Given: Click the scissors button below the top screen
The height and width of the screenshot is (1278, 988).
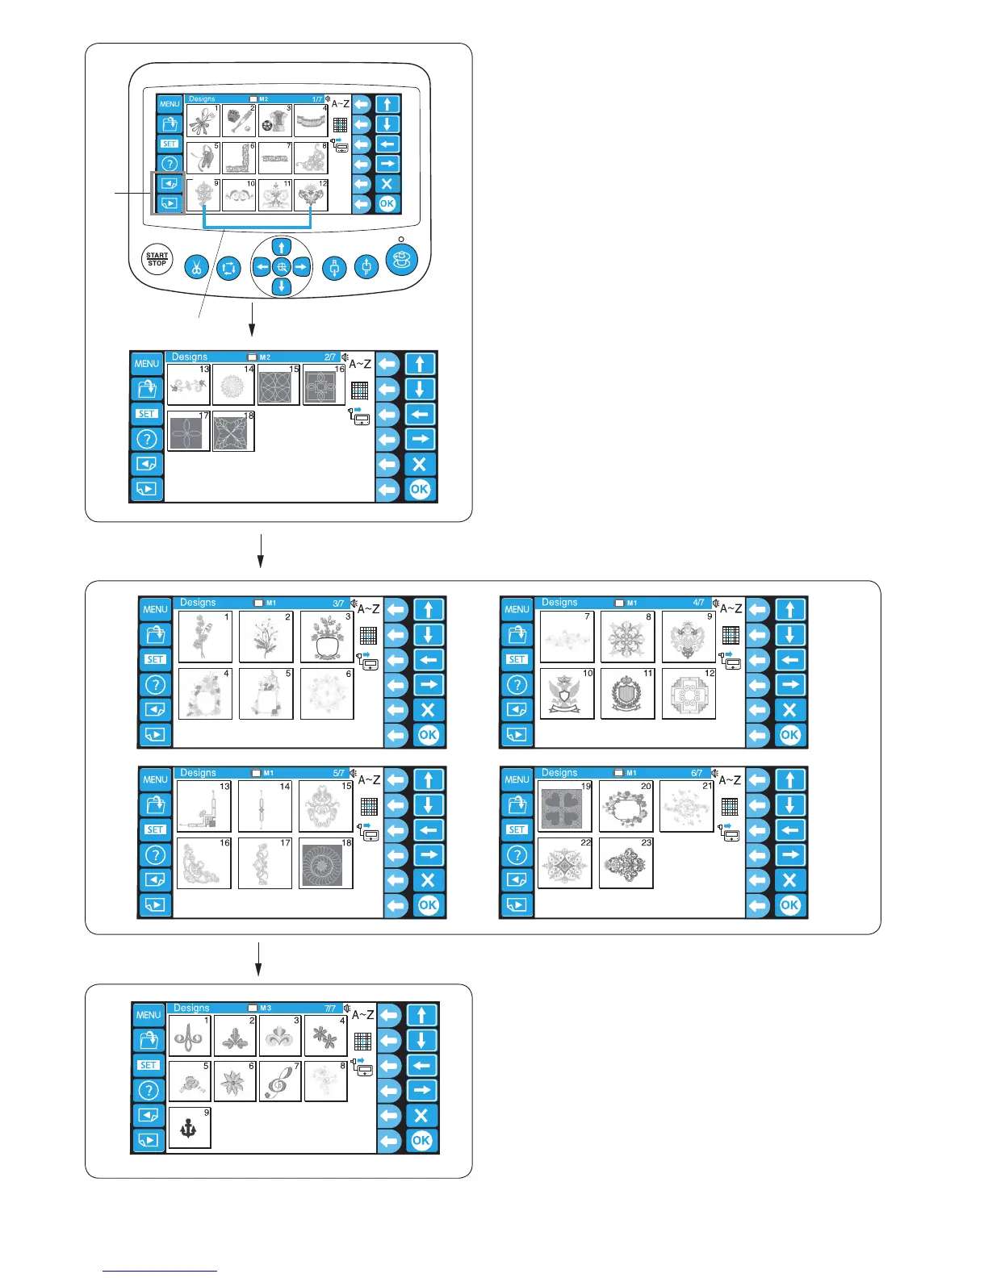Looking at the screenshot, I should tap(196, 267).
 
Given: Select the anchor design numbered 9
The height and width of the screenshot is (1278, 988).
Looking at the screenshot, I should tap(189, 1127).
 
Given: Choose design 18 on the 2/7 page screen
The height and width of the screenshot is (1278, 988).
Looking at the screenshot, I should tap(233, 432).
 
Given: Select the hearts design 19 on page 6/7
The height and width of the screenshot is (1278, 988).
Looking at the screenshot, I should tap(564, 807).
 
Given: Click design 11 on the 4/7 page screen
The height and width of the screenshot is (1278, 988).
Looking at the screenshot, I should tap(627, 693).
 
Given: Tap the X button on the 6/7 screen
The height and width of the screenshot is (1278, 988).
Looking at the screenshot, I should tap(789, 880).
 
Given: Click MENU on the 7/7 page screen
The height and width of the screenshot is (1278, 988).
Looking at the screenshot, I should tap(149, 1015).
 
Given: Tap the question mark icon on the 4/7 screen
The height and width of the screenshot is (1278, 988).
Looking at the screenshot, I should tap(517, 684).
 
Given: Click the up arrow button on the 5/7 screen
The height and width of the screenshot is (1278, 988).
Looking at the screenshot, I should tap(428, 780).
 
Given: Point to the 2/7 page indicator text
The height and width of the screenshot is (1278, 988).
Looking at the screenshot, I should tap(330, 357).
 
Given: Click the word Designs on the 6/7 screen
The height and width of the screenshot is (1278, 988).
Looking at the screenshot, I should tap(559, 772).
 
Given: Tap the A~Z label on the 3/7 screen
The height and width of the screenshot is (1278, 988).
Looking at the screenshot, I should tap(368, 609).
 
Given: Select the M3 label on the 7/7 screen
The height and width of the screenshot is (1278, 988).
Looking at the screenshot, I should tap(265, 1008).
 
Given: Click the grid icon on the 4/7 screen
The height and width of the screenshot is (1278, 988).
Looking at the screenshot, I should tap(731, 636).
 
